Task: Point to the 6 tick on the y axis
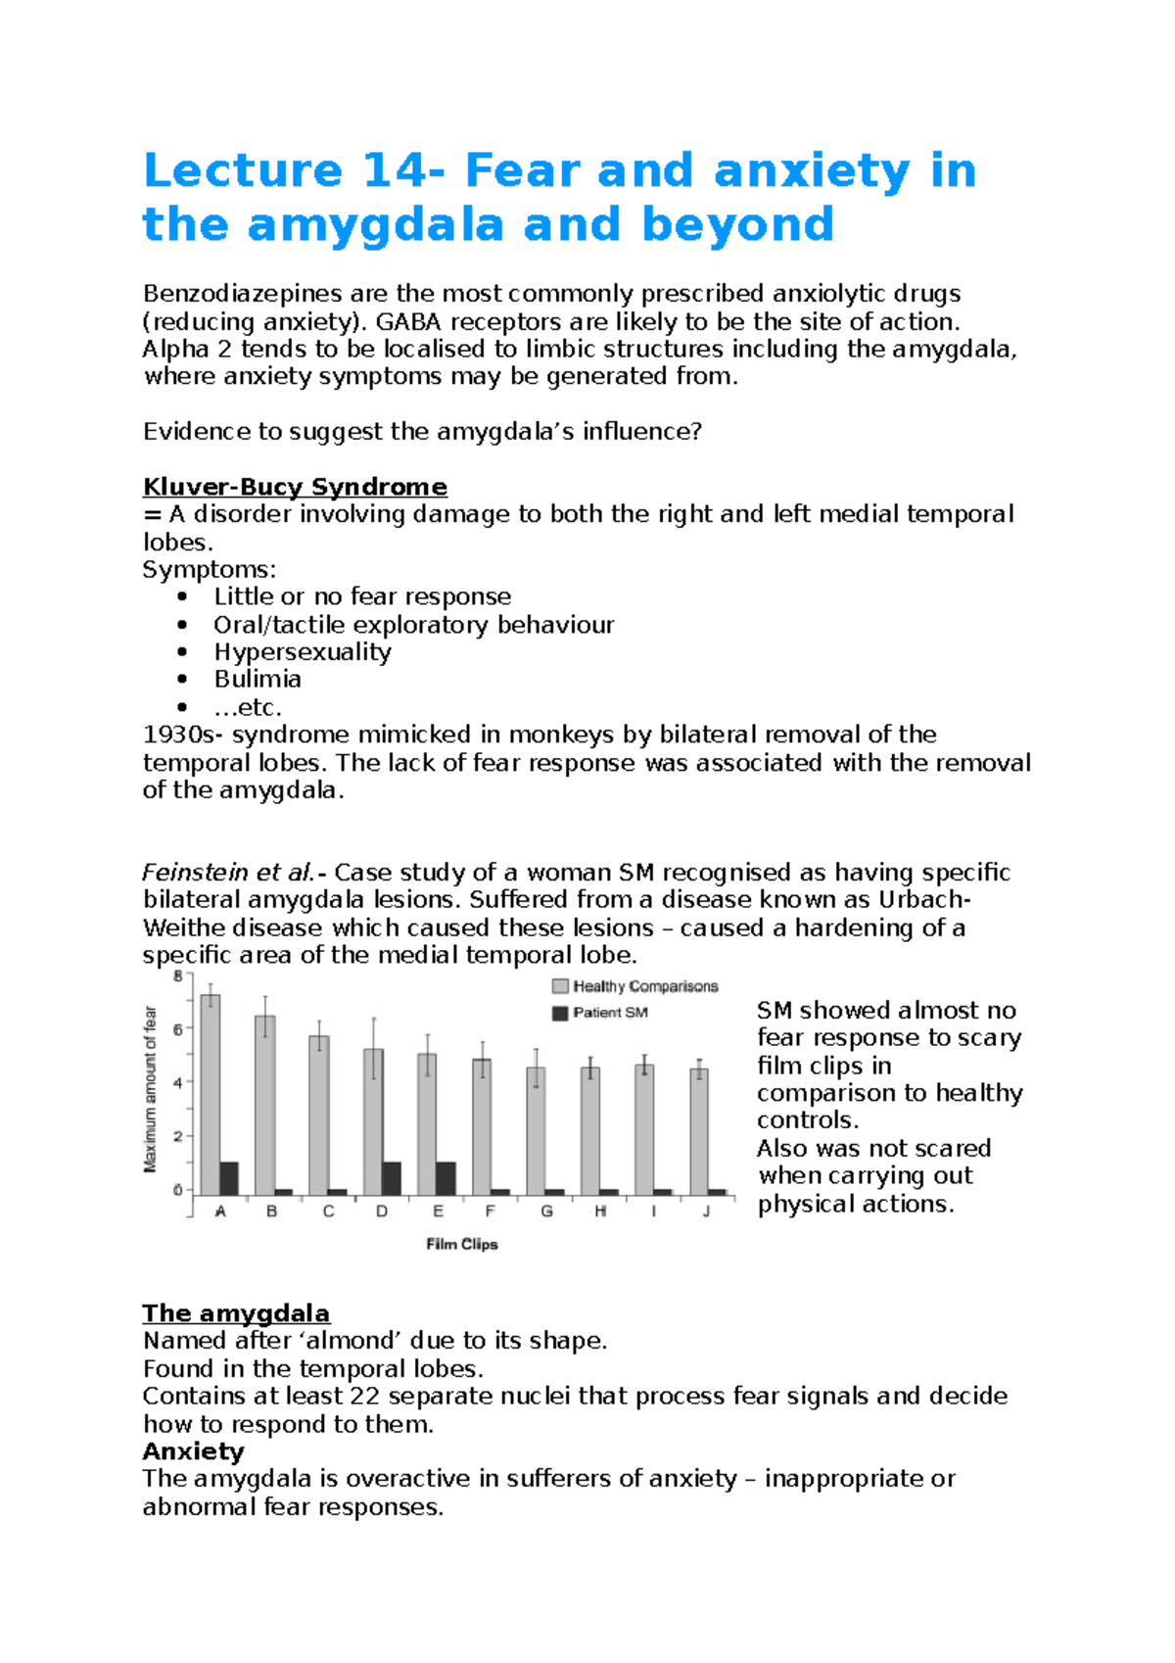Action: pyautogui.click(x=178, y=1029)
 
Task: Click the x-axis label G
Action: pyautogui.click(x=546, y=1212)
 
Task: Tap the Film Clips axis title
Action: pyautogui.click(x=462, y=1244)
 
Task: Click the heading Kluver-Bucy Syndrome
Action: pyautogui.click(x=295, y=487)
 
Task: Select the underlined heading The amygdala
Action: pyautogui.click(x=236, y=1312)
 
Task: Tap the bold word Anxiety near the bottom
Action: pyautogui.click(x=193, y=1450)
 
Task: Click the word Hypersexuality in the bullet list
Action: pyautogui.click(x=303, y=652)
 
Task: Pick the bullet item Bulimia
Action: pyautogui.click(x=258, y=680)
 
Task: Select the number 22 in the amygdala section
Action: pyautogui.click(x=366, y=1396)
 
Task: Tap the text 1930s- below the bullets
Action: pyautogui.click(x=183, y=735)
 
